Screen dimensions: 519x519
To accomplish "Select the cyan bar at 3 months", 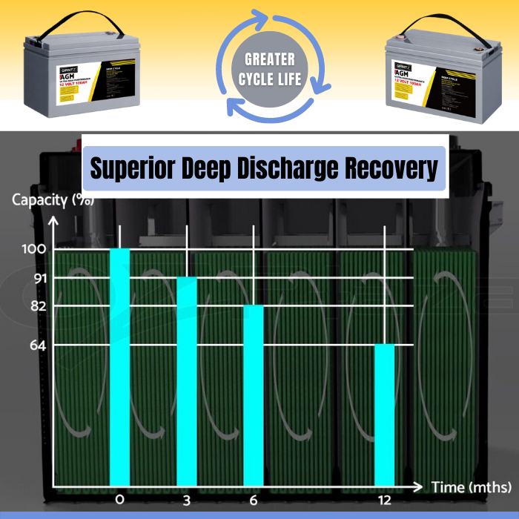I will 187,381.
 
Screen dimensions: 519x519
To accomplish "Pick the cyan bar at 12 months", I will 384,415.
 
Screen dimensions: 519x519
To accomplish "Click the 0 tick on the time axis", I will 120,500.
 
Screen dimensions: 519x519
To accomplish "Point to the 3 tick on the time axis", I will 187,500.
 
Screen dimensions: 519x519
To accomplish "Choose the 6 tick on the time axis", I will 254,500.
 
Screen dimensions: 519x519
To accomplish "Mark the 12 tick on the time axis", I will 384,500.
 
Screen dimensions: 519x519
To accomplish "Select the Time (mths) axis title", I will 472,487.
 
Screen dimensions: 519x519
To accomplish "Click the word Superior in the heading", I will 133,168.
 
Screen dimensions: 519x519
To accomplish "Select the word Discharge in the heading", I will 288,168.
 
